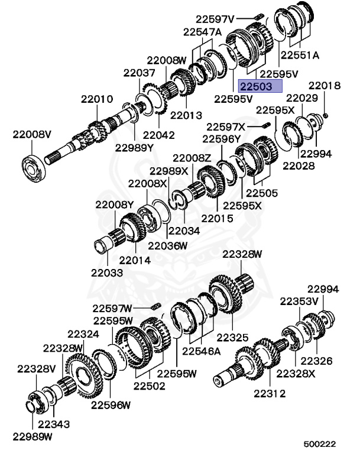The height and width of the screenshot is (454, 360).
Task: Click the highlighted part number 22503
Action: tap(257, 86)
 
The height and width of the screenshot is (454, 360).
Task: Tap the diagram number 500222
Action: tap(319, 444)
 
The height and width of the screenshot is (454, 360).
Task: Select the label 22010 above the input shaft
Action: tap(97, 99)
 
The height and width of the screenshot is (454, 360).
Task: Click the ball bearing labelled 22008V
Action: tap(34, 169)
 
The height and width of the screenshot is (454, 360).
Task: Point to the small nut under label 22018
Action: tap(325, 116)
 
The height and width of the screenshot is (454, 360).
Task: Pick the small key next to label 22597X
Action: tap(267, 125)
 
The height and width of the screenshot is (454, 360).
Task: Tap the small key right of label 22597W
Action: tap(156, 306)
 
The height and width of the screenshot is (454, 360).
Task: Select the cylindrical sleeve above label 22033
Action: tap(103, 245)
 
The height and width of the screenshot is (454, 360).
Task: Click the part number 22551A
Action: tap(300, 55)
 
